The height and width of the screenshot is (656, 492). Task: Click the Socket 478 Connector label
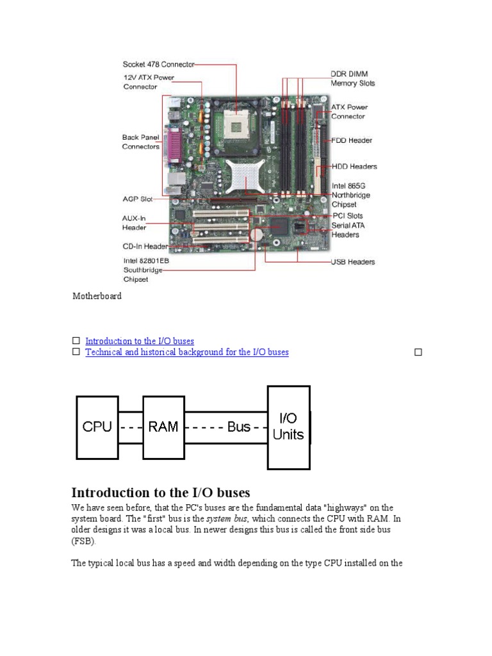click(158, 64)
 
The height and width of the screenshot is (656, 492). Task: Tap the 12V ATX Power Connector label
click(148, 83)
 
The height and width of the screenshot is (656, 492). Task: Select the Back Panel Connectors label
click(141, 142)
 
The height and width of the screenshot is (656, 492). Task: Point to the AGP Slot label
click(138, 199)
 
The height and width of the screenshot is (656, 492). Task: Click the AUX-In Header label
click(135, 222)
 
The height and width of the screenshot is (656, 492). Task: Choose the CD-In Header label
click(145, 247)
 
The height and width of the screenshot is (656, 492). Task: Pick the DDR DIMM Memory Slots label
click(352, 79)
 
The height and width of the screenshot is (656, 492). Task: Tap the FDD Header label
click(351, 140)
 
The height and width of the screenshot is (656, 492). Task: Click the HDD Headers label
click(354, 167)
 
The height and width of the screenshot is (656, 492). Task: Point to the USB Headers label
click(352, 261)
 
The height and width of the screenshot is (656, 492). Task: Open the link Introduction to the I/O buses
click(140, 341)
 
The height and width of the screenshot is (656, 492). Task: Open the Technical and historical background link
click(187, 352)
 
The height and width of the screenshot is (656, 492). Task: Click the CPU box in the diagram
click(97, 427)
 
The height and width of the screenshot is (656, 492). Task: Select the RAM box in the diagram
click(163, 427)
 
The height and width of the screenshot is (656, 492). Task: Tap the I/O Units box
click(288, 427)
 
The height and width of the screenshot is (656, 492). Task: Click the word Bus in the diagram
click(239, 427)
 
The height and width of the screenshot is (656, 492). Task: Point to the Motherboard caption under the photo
click(97, 297)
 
